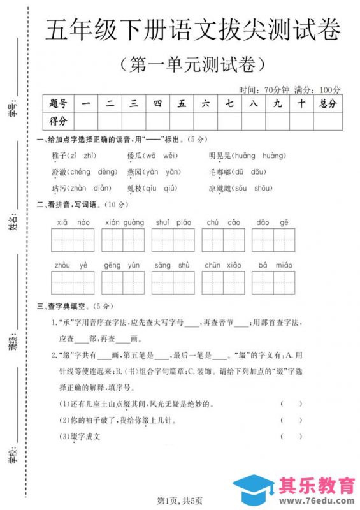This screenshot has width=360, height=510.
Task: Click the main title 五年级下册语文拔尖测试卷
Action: [x=192, y=30]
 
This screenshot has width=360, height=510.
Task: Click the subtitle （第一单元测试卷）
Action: [x=192, y=64]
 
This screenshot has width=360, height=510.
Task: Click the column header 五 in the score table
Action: [x=182, y=104]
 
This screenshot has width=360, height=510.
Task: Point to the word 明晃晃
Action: [x=219, y=156]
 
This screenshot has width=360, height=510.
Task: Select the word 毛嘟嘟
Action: [x=219, y=171]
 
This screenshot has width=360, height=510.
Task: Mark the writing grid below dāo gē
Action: [x=272, y=240]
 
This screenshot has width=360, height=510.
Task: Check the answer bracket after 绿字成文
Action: [x=291, y=437]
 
